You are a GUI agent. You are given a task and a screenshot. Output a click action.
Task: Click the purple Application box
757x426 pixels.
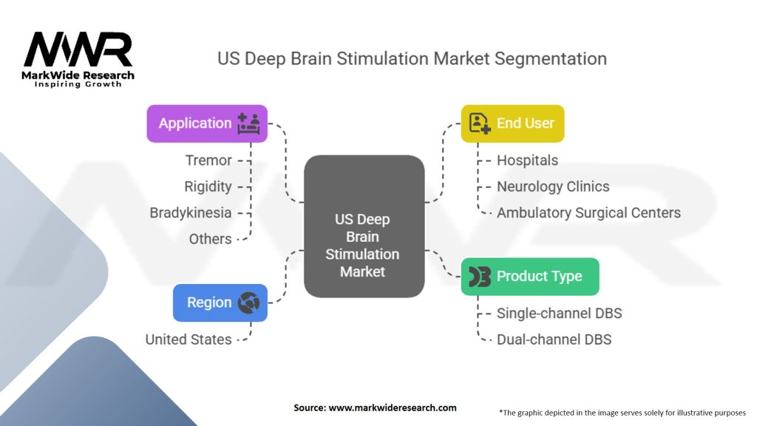coord(207,124)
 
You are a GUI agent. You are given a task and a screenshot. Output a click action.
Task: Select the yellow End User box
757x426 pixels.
coord(512,124)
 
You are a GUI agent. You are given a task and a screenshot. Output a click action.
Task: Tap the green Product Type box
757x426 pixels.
coord(530,277)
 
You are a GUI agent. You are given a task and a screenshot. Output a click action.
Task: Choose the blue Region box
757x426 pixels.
coord(220,302)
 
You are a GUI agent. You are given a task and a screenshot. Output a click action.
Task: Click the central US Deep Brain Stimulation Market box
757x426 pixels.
coord(364,245)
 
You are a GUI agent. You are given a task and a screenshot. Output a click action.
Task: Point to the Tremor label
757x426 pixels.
coord(208,160)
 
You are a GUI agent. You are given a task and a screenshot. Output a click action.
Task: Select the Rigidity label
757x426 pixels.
coord(208,186)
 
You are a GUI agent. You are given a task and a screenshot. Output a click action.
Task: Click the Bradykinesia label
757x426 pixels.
coord(191,213)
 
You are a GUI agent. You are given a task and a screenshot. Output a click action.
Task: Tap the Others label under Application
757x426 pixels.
coord(210,239)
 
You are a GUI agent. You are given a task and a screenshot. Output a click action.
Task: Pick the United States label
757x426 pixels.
coord(189,339)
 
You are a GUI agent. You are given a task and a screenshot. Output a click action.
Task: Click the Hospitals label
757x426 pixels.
coord(527,160)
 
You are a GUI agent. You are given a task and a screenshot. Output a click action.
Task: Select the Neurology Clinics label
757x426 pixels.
coord(553,186)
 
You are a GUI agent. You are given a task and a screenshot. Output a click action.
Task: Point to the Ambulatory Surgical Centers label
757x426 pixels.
coord(588,213)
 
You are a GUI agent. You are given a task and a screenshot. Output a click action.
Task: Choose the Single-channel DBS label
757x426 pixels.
coord(559,314)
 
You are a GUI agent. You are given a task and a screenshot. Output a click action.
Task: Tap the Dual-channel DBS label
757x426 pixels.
coord(554,339)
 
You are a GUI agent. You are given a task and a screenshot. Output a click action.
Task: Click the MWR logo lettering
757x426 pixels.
coord(78,50)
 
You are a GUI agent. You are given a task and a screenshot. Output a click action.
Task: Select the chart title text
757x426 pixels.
coord(412,58)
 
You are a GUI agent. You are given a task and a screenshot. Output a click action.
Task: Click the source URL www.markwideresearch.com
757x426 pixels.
coord(391,408)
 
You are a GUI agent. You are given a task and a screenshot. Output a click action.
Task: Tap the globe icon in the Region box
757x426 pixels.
coord(249,302)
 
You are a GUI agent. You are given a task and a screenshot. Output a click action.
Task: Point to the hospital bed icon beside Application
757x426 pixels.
coord(249,124)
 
